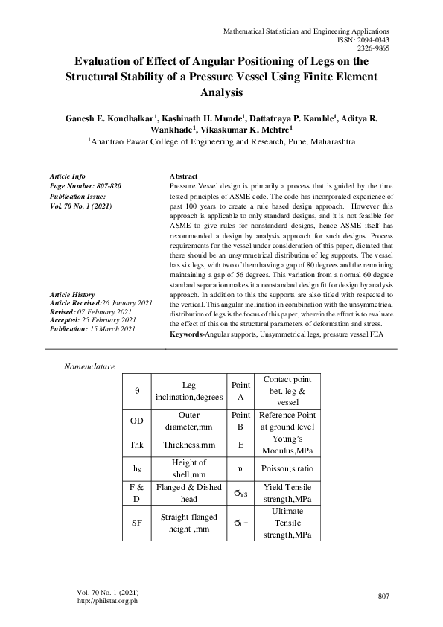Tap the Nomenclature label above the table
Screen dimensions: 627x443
pos(94,367)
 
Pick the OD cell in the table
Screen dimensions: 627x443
pos(136,421)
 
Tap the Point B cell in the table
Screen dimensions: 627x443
pos(240,421)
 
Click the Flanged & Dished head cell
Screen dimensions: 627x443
pos(189,494)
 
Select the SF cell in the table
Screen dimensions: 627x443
pos(136,523)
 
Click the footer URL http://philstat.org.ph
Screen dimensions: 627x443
pos(108,601)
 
